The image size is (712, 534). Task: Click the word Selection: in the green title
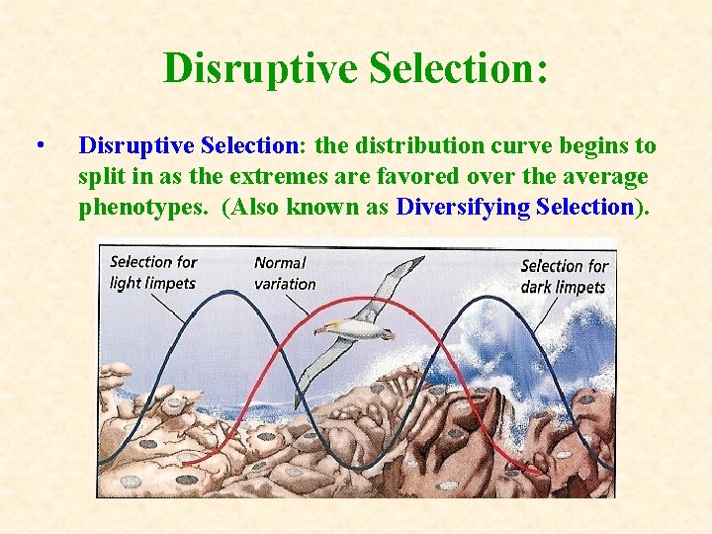coord(457,68)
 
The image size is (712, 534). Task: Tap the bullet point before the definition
coord(38,146)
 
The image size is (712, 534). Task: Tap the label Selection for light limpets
coord(152,272)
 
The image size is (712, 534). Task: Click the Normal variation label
coord(285,273)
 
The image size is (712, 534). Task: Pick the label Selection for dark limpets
coord(564,276)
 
